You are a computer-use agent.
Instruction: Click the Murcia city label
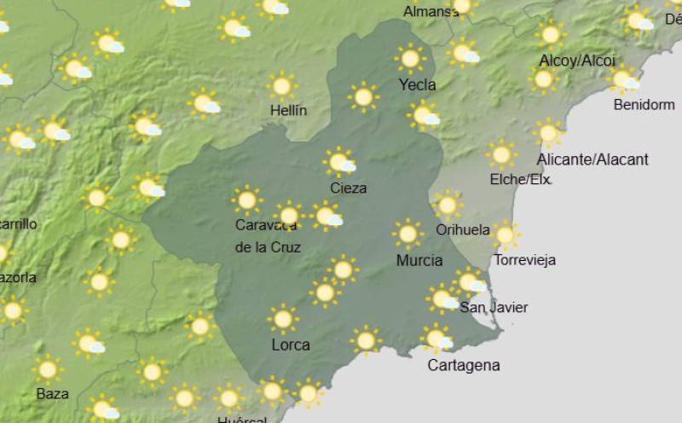pos(419,260)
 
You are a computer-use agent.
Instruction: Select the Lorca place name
pos(290,345)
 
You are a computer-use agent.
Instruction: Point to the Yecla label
pos(417,84)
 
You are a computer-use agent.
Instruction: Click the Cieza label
pos(348,188)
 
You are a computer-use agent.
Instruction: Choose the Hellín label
pos(288,110)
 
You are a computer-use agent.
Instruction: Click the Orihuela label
pos(462,229)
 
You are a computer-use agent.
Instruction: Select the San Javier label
pos(494,307)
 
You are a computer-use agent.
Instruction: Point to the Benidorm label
pos(644,105)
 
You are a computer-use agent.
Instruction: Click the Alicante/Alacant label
pos(592,159)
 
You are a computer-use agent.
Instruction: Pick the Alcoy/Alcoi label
pos(577,61)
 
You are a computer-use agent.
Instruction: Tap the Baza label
pos(52,393)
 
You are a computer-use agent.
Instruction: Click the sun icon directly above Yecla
pos(410,58)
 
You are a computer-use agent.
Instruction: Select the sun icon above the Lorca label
pos(283,319)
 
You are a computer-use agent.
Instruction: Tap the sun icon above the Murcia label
pos(407,233)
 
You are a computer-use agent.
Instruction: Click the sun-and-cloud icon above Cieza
pos(340,161)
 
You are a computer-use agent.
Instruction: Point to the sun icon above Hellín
pos(281,85)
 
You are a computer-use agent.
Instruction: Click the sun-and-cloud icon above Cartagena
pos(437,339)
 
